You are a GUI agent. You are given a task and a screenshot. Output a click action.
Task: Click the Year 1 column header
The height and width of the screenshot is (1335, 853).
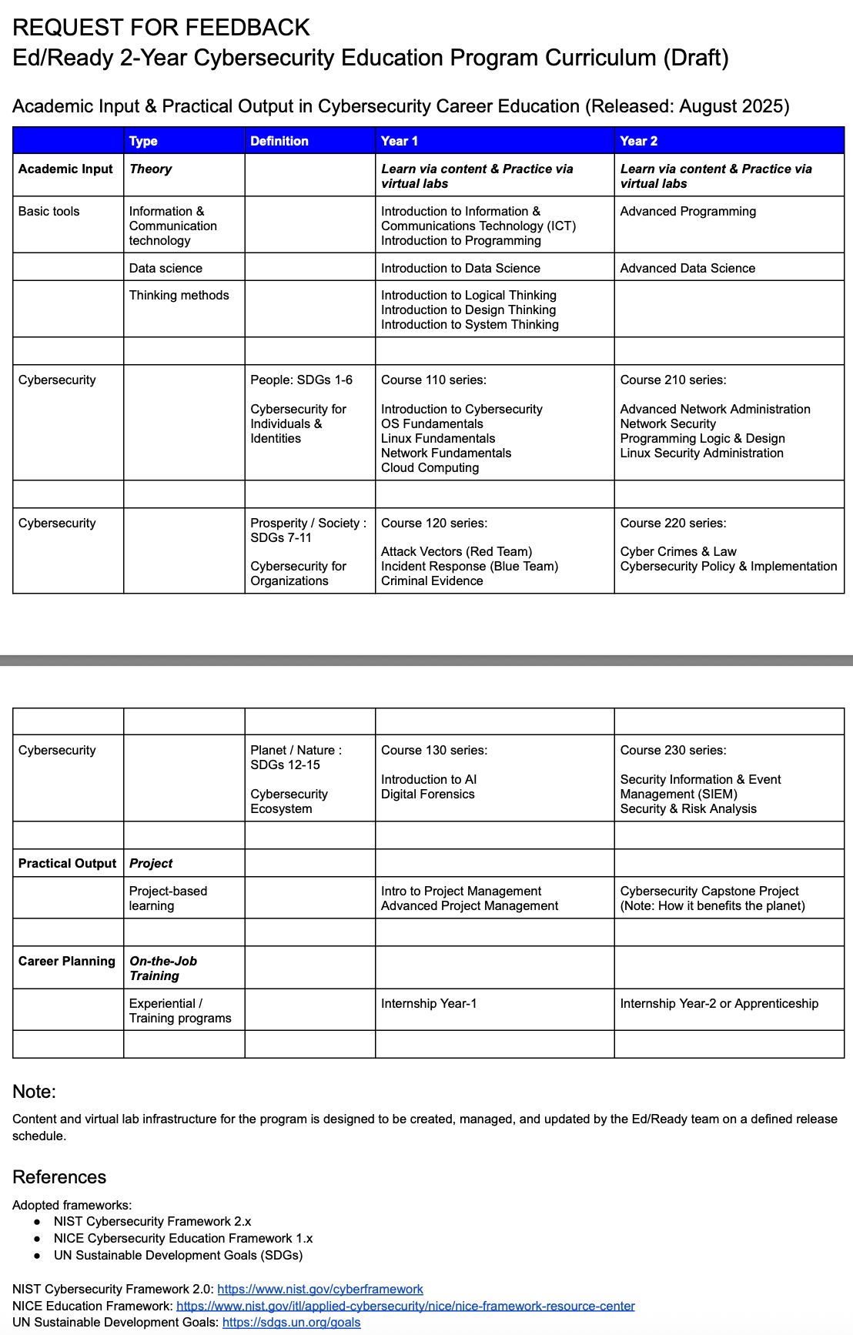[400, 141]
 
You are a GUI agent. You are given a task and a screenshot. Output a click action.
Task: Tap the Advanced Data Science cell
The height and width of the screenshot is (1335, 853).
[687, 268]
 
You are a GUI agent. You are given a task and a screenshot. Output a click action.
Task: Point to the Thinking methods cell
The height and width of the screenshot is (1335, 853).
[179, 295]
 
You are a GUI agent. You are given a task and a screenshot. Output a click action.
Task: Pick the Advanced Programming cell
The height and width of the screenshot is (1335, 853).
[688, 211]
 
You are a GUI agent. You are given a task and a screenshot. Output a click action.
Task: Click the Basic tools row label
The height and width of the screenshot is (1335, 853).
[49, 211]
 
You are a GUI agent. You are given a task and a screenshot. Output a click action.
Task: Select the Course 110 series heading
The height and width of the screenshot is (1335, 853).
[433, 380]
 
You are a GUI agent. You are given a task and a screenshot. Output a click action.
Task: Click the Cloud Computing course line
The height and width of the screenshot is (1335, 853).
[430, 467]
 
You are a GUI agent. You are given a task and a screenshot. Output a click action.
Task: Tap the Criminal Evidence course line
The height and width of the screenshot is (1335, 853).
[432, 581]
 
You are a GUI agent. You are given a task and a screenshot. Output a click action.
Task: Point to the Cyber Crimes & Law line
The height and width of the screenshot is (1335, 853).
[678, 551]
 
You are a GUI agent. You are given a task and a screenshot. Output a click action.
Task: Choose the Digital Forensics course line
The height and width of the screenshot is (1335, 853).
[427, 794]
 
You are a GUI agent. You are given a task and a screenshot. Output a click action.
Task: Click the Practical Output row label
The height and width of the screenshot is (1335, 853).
[67, 863]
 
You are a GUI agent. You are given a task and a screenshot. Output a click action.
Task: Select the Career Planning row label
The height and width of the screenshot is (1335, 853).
[67, 961]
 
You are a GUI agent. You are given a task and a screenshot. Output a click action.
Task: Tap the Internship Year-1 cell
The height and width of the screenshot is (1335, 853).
[429, 1003]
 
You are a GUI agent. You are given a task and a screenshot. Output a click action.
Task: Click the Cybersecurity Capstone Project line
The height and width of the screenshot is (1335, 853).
[709, 891]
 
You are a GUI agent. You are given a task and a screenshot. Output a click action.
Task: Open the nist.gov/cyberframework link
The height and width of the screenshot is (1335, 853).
[320, 1289]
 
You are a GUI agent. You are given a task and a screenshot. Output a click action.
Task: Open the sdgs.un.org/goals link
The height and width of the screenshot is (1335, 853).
[291, 1322]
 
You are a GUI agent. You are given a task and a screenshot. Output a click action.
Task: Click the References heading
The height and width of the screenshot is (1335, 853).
[59, 1176]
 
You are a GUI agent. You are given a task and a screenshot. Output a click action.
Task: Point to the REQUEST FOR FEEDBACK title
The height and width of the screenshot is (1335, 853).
[161, 28]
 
